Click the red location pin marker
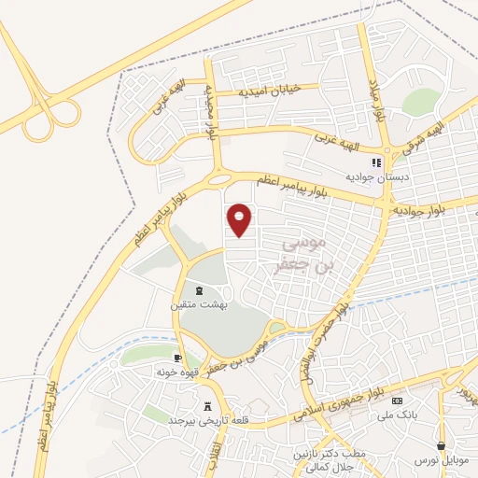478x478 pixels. pyautogui.click(x=240, y=218)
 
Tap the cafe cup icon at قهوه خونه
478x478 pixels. pyautogui.click(x=177, y=358)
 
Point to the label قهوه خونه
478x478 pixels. pyautogui.click(x=176, y=372)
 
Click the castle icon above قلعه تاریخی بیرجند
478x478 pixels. pyautogui.click(x=208, y=407)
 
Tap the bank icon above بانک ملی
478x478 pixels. pyautogui.click(x=396, y=401)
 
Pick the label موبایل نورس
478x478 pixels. pyautogui.click(x=442, y=459)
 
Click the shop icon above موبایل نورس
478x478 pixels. pyautogui.click(x=442, y=445)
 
